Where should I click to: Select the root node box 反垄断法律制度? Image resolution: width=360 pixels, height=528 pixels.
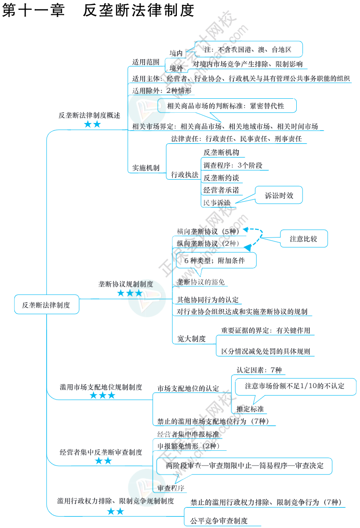46,305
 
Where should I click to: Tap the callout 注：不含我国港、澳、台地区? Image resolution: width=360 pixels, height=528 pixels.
248,49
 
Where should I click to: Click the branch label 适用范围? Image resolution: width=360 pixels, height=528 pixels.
146,62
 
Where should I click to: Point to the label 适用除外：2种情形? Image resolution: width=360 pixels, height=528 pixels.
162,90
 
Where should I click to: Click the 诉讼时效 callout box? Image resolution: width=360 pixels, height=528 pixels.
279,195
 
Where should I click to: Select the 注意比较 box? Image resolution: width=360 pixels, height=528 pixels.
303,239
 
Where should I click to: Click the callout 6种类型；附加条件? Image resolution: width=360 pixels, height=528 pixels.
214,260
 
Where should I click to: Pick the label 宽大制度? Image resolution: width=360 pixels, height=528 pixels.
191,339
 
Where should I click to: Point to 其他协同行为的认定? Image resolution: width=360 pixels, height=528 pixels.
207,299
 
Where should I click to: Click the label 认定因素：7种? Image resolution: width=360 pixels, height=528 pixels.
259,370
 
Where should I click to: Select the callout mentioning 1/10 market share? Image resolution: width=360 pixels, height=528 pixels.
294,386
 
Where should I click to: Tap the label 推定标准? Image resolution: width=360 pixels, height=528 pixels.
250,409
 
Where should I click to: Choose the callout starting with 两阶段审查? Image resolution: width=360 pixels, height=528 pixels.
244,465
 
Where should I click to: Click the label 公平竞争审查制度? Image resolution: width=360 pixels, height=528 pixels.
219,521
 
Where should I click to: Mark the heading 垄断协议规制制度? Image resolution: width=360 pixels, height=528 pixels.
126,284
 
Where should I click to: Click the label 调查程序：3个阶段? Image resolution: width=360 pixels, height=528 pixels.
233,165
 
